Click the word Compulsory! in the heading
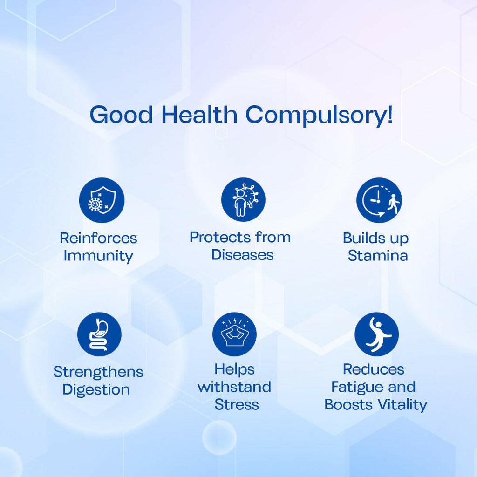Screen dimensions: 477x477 click(319, 115)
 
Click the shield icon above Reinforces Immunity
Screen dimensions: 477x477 click(102, 200)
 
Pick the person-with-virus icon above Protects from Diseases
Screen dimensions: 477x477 click(243, 199)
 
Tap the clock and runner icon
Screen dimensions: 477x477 click(379, 200)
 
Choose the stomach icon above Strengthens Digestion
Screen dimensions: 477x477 click(99, 334)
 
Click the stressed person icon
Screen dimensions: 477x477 click(234, 334)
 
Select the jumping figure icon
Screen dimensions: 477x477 click(376, 334)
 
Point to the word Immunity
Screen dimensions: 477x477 click(98, 256)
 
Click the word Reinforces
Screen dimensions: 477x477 click(98, 238)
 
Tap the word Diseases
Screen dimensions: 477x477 click(242, 255)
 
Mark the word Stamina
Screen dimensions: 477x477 click(378, 256)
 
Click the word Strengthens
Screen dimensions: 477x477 click(98, 372)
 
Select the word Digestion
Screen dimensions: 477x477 click(96, 390)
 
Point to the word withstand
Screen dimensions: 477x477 click(234, 387)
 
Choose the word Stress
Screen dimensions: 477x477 click(237, 405)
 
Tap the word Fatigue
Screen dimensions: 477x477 click(354, 387)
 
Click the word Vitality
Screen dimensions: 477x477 click(402, 405)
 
